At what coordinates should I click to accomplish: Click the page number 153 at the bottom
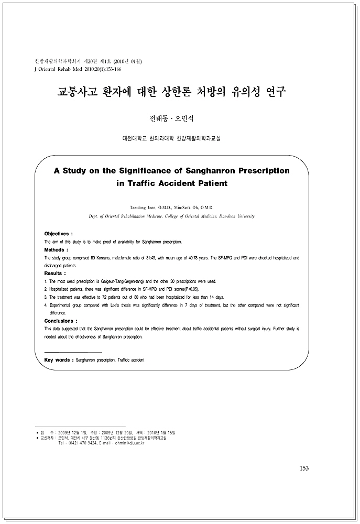(304, 468)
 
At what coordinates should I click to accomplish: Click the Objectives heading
(59, 233)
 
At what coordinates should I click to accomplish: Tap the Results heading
(55, 273)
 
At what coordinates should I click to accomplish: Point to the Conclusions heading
(61, 320)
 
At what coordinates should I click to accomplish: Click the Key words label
(59, 360)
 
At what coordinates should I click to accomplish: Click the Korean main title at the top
(171, 92)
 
